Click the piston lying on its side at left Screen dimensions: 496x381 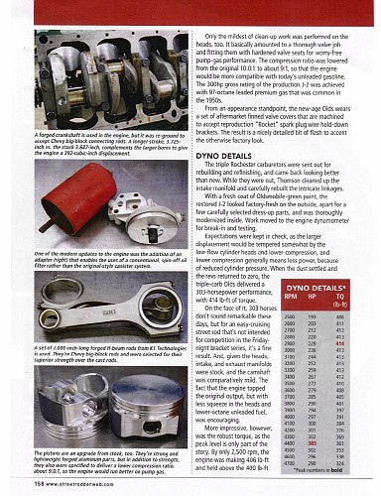46,407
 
